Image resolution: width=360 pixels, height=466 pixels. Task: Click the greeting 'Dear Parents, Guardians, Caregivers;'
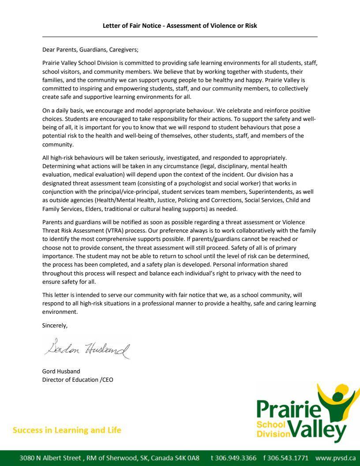pos(90,50)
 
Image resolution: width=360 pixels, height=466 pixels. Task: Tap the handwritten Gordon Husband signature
pos(87,349)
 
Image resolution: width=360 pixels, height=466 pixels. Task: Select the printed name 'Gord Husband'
pos(61,371)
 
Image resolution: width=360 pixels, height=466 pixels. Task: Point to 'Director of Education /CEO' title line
pos(78,380)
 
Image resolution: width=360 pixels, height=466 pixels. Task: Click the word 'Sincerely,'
pos(55,325)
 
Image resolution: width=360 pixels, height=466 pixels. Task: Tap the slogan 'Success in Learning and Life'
pos(67,430)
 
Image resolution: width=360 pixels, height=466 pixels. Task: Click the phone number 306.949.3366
pos(233,458)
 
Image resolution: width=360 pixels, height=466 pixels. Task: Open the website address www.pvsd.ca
pos(335,458)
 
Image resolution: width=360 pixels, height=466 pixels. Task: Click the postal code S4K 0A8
pos(187,458)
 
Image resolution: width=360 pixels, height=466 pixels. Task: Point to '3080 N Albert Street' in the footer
pos(50,458)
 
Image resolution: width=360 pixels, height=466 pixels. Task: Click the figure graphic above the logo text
pos(340,399)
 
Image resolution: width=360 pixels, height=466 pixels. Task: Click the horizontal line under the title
pos(180,37)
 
